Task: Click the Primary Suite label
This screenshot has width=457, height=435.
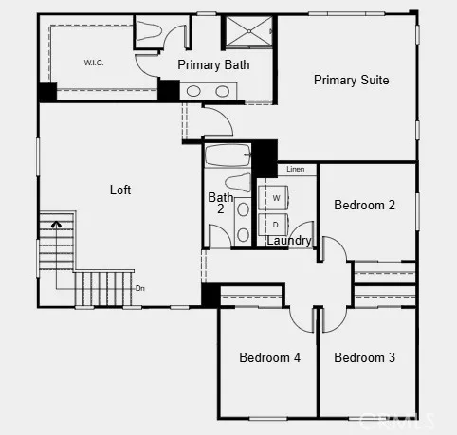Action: tap(351, 81)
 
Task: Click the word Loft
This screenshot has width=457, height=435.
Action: tap(120, 190)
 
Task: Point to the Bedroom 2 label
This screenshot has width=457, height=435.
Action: tap(364, 205)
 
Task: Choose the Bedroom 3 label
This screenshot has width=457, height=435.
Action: tap(364, 357)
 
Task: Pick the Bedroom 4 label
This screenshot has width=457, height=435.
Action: tap(269, 357)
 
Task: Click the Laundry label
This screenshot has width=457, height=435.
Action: tap(288, 241)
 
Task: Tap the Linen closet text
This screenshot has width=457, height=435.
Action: tap(295, 169)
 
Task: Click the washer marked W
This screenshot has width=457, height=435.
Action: tap(275, 198)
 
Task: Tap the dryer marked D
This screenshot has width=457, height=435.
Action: tap(275, 226)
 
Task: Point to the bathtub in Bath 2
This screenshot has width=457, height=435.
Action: tap(228, 154)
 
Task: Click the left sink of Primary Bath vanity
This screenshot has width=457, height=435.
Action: tap(193, 92)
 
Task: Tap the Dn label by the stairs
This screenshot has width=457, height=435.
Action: tap(139, 287)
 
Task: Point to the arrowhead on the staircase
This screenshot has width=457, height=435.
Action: tap(57, 225)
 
